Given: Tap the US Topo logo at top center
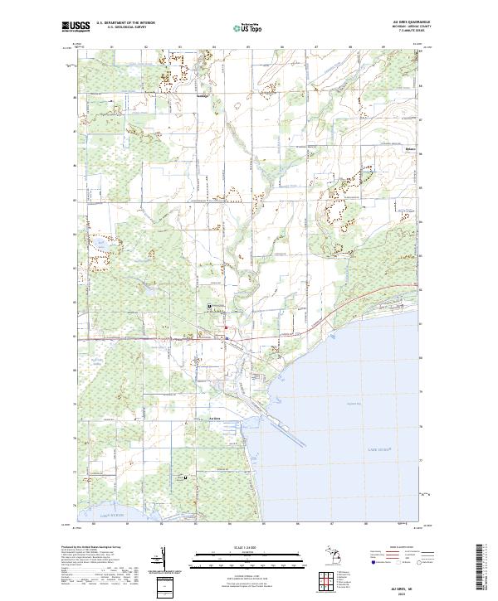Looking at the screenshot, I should [x=250, y=27].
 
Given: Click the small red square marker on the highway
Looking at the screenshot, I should [x=225, y=328].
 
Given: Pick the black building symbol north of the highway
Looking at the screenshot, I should [x=208, y=306].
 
